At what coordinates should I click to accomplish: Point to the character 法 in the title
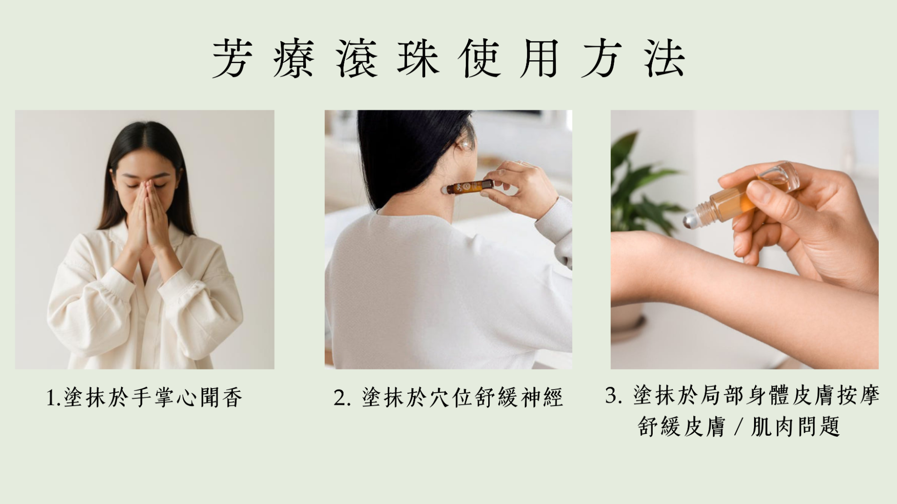point(664,58)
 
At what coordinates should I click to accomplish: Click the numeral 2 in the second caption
point(340,398)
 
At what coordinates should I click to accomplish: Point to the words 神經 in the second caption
point(542,398)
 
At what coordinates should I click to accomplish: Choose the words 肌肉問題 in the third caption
point(795,426)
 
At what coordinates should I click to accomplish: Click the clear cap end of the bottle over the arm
point(785,177)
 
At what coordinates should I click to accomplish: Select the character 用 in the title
point(540,58)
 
